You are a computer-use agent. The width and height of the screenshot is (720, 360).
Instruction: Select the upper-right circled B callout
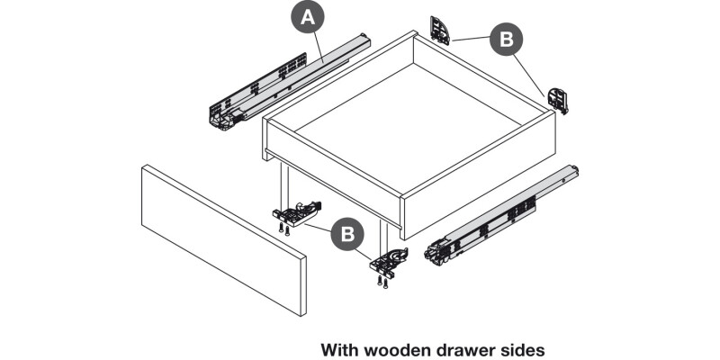click(506, 40)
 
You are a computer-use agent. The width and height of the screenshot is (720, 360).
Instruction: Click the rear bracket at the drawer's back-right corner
click(558, 98)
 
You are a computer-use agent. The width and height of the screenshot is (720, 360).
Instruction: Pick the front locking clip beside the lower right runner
click(391, 262)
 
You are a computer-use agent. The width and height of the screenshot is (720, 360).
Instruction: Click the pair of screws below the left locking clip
click(283, 229)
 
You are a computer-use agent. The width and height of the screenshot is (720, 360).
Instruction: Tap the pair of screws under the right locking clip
click(384, 282)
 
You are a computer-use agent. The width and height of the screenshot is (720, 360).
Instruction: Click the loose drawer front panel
click(222, 238)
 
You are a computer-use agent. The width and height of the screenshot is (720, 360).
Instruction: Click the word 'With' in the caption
click(339, 348)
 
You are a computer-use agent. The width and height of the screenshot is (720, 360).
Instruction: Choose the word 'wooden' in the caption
click(396, 348)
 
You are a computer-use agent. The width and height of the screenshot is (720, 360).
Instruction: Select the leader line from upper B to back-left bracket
click(471, 40)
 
